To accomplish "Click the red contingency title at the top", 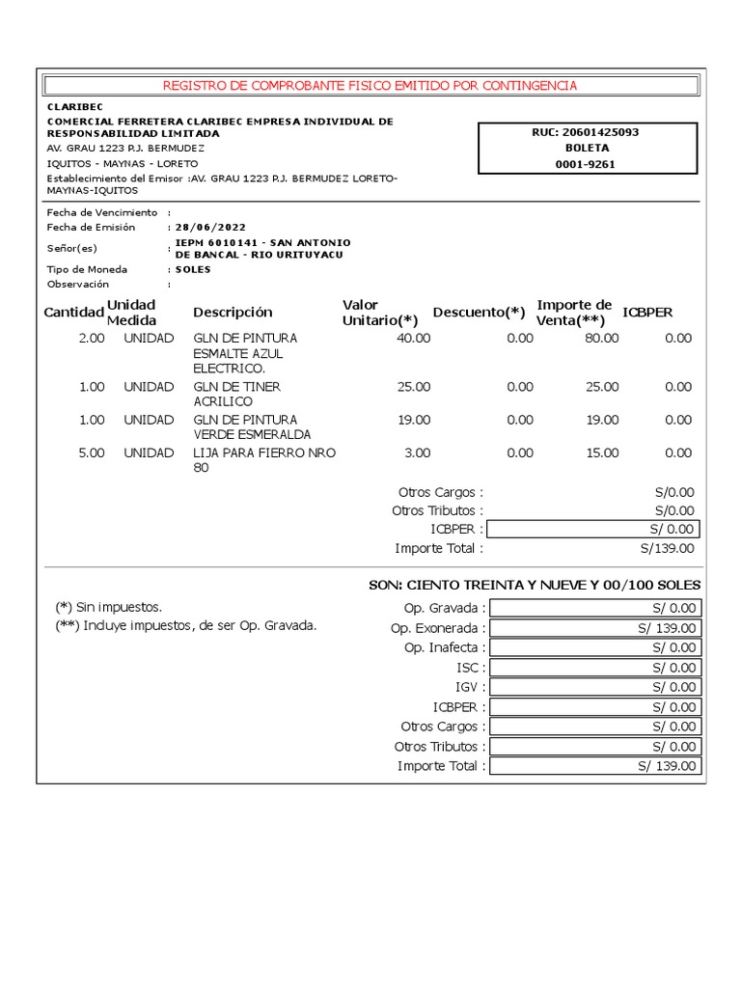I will point(370,86).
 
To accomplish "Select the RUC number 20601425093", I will point(606,132).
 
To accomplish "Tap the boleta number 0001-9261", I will point(586,164).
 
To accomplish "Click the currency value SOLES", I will point(193,269).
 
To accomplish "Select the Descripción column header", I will point(233,312).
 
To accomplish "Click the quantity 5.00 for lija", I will point(91,453).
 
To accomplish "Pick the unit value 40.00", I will point(414,339).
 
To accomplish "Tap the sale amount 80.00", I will point(602,339).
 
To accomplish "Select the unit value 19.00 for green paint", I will point(414,420).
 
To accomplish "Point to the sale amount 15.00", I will point(602,453).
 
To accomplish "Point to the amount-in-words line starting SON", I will point(535,586).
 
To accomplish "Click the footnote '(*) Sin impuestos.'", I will point(108,607).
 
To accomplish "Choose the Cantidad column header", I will point(73,312).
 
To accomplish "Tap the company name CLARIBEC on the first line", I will point(75,106).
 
